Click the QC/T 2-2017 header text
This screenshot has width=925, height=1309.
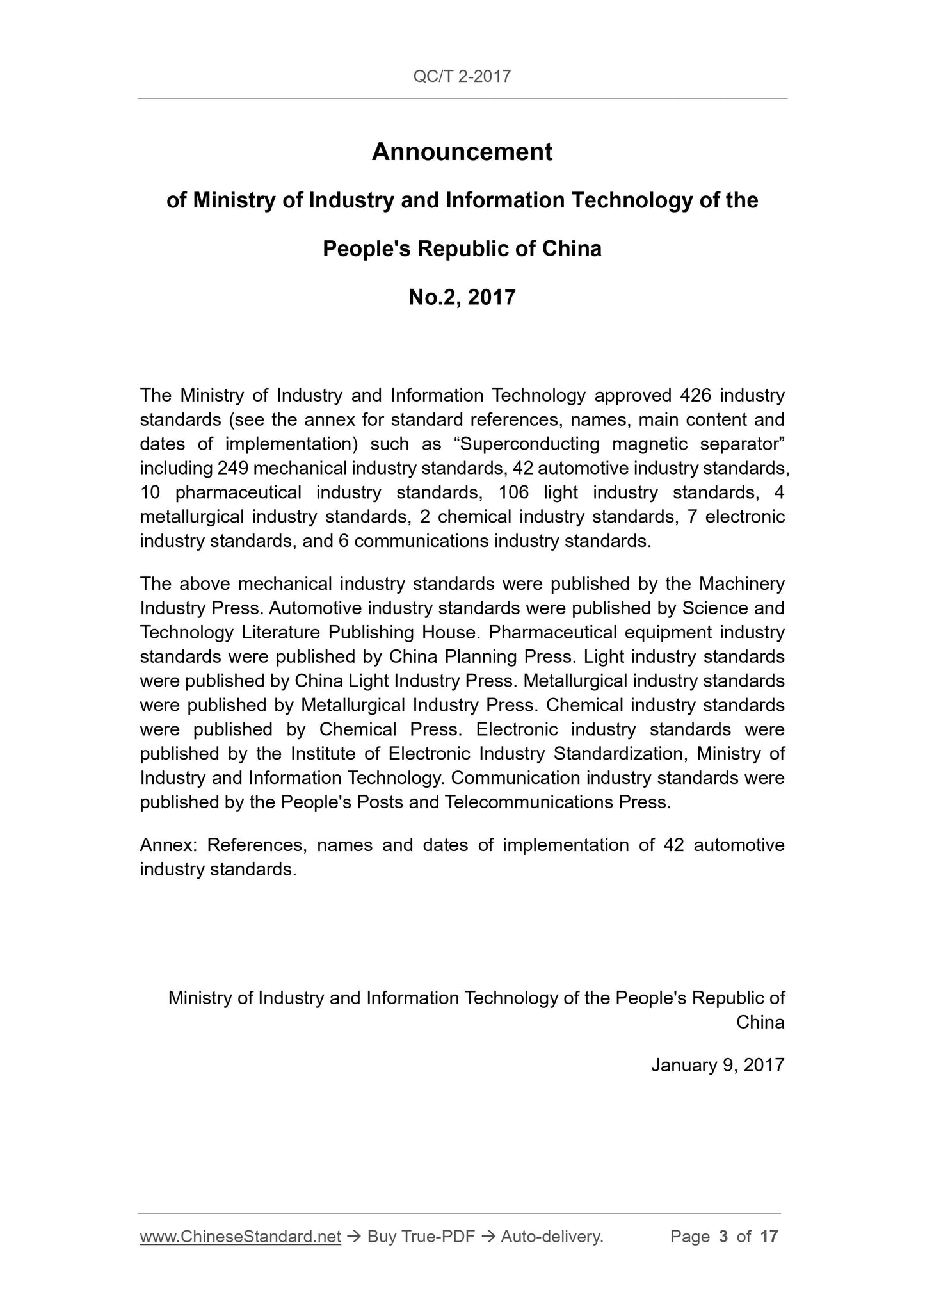pos(462,77)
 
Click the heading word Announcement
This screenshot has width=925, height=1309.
pos(462,152)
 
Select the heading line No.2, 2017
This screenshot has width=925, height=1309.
pos(462,297)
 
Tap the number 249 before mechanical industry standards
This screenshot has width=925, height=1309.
pos(232,468)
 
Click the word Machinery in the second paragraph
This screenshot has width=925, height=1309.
pos(741,584)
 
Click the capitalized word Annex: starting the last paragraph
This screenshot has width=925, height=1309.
pos(168,845)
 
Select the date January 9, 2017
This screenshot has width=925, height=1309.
pos(717,1065)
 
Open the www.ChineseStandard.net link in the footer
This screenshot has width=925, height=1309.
pos(240,1237)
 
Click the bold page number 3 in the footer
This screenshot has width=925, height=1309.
pos(723,1237)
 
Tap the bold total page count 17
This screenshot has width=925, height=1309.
pos(769,1237)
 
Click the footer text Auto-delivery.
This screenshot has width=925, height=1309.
pos(552,1237)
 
